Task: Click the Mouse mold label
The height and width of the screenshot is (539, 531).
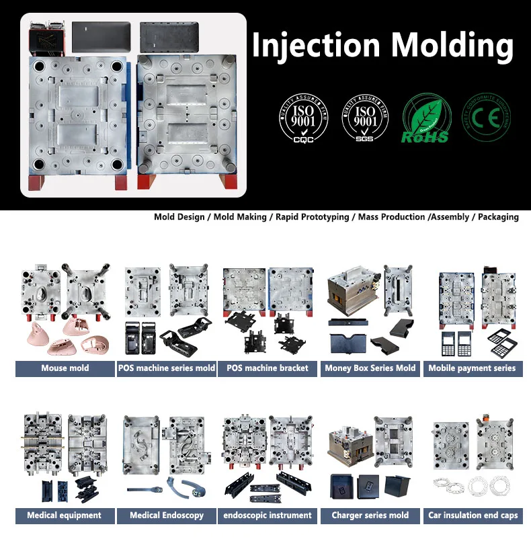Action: click(x=65, y=368)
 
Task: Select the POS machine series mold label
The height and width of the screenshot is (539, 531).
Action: click(x=167, y=368)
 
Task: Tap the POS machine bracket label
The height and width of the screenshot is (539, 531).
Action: click(x=268, y=368)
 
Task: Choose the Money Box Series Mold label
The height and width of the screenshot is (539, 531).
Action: click(x=370, y=368)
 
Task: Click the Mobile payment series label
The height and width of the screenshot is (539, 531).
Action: click(x=472, y=368)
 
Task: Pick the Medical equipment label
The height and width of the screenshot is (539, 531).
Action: click(x=65, y=515)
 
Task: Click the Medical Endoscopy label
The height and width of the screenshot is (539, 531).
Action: click(x=167, y=515)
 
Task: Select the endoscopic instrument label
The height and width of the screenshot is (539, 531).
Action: click(x=268, y=515)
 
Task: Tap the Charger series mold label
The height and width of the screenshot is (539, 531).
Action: click(x=370, y=515)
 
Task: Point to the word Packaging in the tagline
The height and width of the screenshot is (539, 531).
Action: click(x=498, y=217)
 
